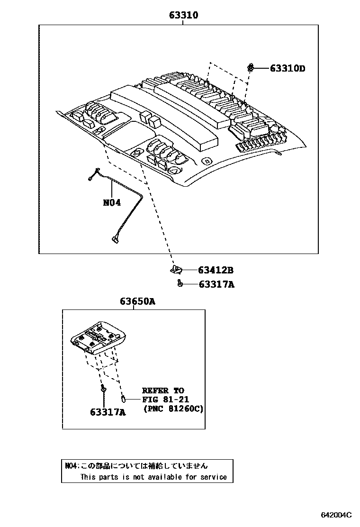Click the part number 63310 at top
click(184, 15)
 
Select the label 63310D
click(288, 68)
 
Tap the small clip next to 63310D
click(250, 67)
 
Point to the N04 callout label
click(112, 202)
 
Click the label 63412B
click(216, 271)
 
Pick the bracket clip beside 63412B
click(176, 270)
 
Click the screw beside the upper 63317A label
click(180, 283)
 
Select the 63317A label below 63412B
click(216, 284)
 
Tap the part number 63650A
click(137, 301)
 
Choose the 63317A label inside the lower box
click(108, 412)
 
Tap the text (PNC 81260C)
click(173, 409)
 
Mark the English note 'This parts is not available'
click(153, 477)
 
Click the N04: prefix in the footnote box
click(72, 466)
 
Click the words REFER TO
click(163, 391)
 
